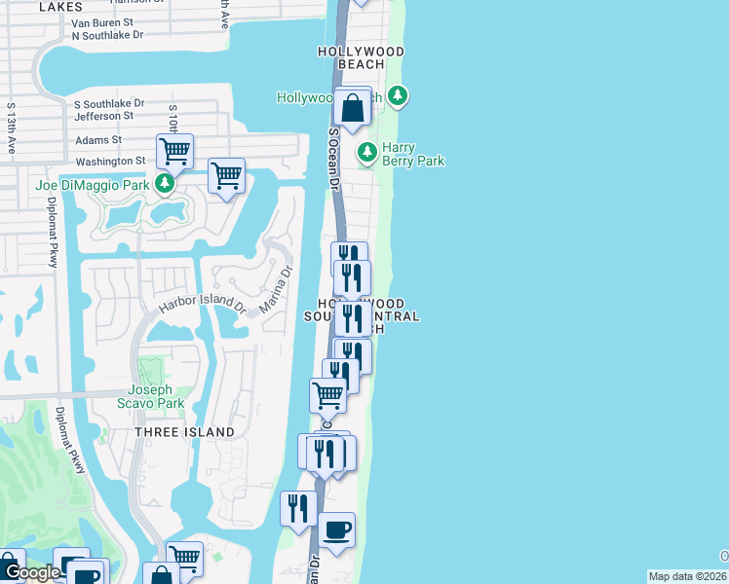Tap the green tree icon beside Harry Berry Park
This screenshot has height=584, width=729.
(x=367, y=152)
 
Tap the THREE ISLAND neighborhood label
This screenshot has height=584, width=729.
(x=184, y=431)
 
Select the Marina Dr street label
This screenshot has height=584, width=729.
(x=276, y=291)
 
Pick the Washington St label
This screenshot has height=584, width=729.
(x=110, y=161)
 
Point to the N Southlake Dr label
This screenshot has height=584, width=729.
(x=107, y=34)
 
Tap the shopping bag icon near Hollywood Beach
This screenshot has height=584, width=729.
(x=353, y=105)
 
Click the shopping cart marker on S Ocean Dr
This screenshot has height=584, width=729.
(x=327, y=394)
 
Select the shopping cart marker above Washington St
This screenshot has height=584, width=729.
(x=175, y=151)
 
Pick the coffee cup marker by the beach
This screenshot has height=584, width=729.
(x=337, y=529)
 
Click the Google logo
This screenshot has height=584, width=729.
(x=30, y=573)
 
